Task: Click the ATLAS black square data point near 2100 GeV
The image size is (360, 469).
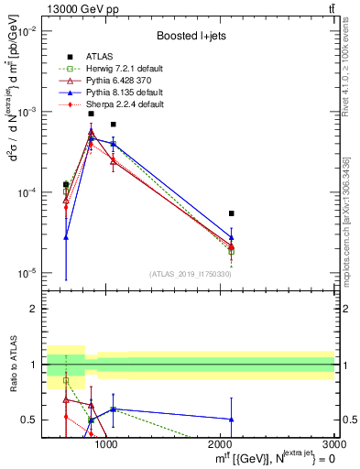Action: click(232, 213)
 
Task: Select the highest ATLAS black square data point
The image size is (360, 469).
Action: click(91, 114)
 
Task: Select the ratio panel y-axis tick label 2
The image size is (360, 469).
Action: click(34, 310)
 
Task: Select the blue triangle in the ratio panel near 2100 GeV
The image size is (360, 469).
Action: click(232, 420)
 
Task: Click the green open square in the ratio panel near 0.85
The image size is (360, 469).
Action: click(66, 380)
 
